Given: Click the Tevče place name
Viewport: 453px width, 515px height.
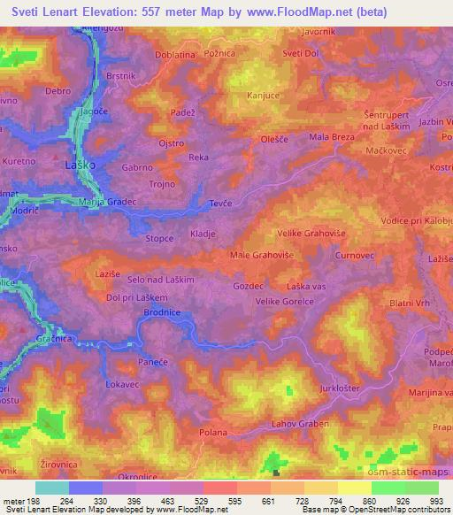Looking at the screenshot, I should [x=220, y=203].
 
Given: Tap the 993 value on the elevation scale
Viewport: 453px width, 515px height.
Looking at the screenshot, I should [x=436, y=502].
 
